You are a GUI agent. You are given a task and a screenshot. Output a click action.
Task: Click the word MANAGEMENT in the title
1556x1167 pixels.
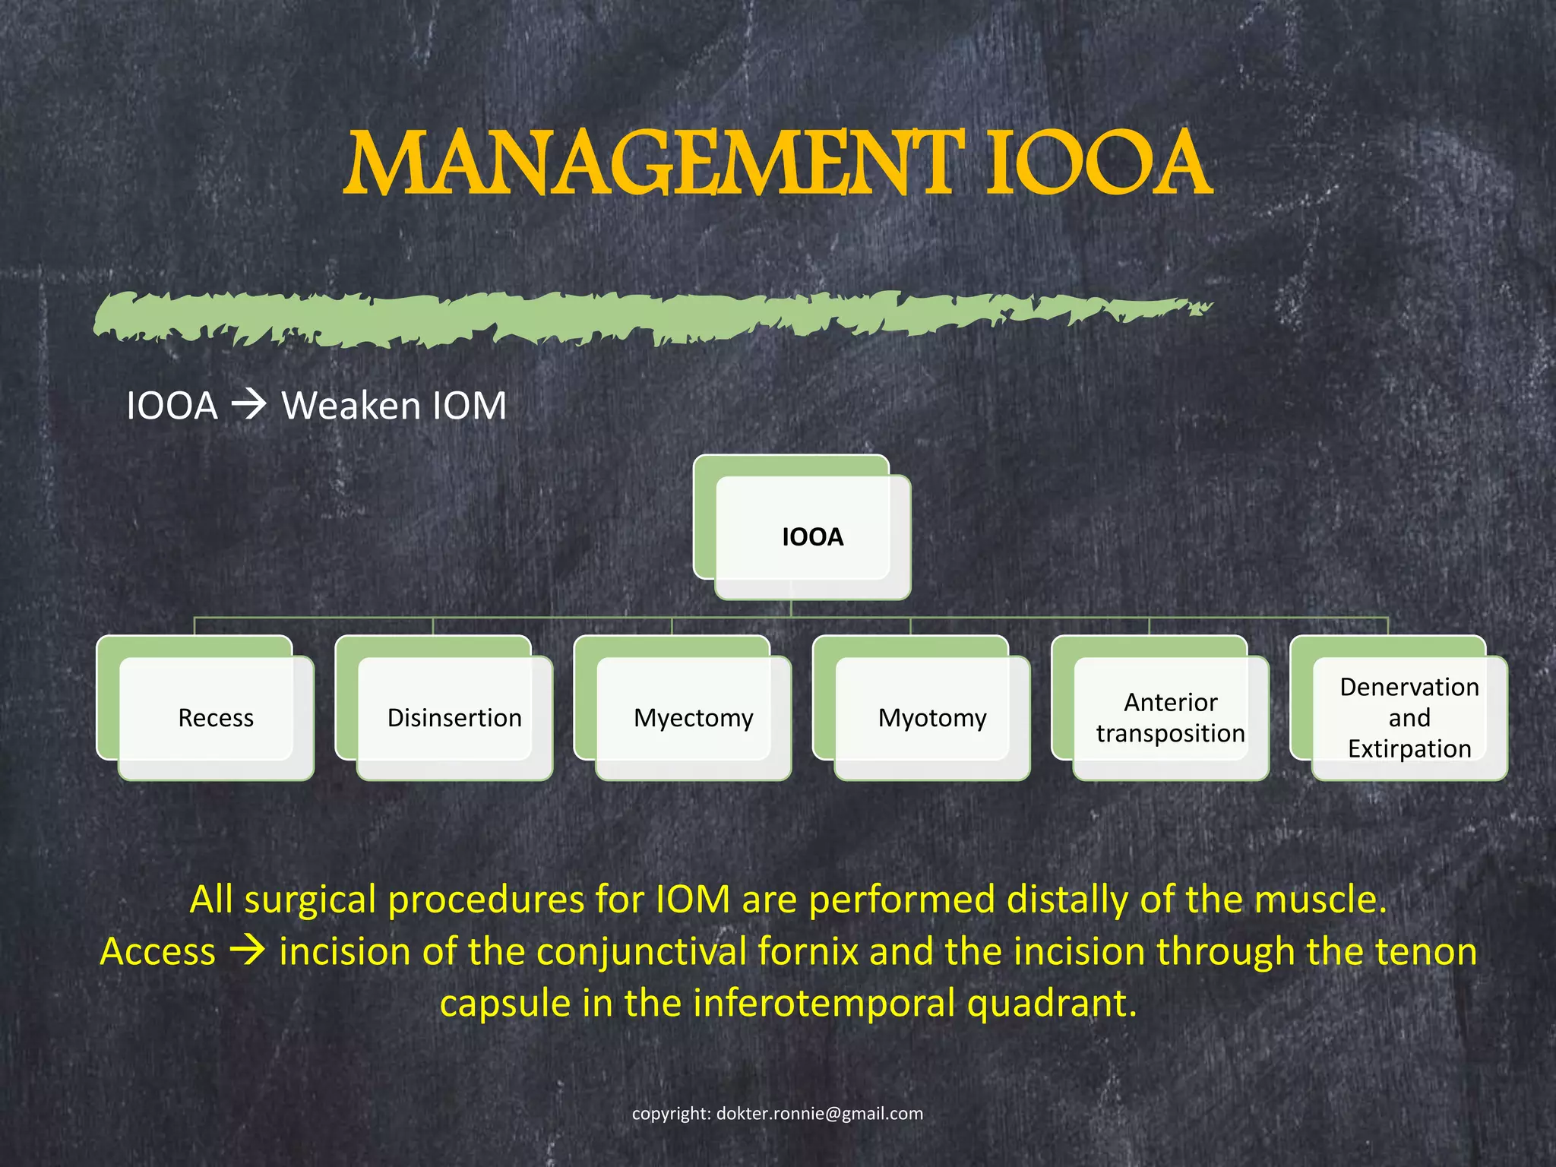(x=655, y=163)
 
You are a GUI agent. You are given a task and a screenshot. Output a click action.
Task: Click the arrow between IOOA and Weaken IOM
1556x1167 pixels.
(x=248, y=404)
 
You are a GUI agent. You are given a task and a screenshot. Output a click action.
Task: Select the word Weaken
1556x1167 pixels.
(x=351, y=405)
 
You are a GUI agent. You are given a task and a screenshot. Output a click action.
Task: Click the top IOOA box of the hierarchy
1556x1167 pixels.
(x=812, y=536)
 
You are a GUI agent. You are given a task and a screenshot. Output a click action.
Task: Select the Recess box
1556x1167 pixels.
(x=216, y=717)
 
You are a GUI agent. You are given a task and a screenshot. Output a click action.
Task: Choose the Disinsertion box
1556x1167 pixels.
(x=454, y=717)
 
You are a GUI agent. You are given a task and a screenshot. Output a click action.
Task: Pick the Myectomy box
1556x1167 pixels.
(x=693, y=717)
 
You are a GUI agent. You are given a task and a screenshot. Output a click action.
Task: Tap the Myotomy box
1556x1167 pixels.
(x=932, y=717)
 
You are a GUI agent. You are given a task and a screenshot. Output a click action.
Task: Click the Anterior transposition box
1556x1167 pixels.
(x=1170, y=717)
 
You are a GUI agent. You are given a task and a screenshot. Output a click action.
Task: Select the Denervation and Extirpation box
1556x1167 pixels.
(x=1409, y=717)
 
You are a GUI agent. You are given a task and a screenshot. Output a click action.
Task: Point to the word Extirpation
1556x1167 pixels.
(x=1409, y=748)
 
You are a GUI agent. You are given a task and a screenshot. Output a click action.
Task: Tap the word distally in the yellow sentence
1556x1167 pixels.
(x=1068, y=900)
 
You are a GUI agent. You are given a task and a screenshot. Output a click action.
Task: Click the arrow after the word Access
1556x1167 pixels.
(x=247, y=950)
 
